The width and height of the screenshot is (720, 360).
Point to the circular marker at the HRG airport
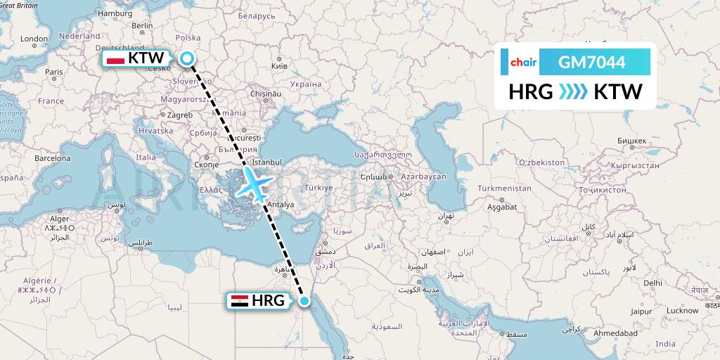304,301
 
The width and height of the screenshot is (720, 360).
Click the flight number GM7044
591,63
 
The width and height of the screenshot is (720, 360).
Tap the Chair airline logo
523,63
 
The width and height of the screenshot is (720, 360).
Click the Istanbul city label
267,162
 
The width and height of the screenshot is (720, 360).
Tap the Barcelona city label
53,158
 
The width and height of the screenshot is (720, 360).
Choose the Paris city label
54,72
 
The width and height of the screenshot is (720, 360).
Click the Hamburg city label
115,13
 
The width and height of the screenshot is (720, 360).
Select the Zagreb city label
181,115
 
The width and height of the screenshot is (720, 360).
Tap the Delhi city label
652,282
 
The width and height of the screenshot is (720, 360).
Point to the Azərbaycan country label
425,176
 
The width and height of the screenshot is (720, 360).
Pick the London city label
34,39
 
